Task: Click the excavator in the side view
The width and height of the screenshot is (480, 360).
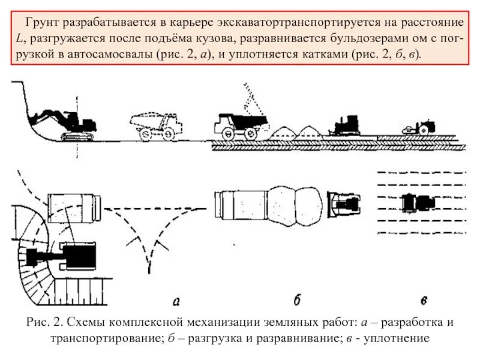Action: (x=69, y=123)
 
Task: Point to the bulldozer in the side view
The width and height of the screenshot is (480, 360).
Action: (x=344, y=124)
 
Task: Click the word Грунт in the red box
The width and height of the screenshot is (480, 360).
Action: (x=40, y=22)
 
